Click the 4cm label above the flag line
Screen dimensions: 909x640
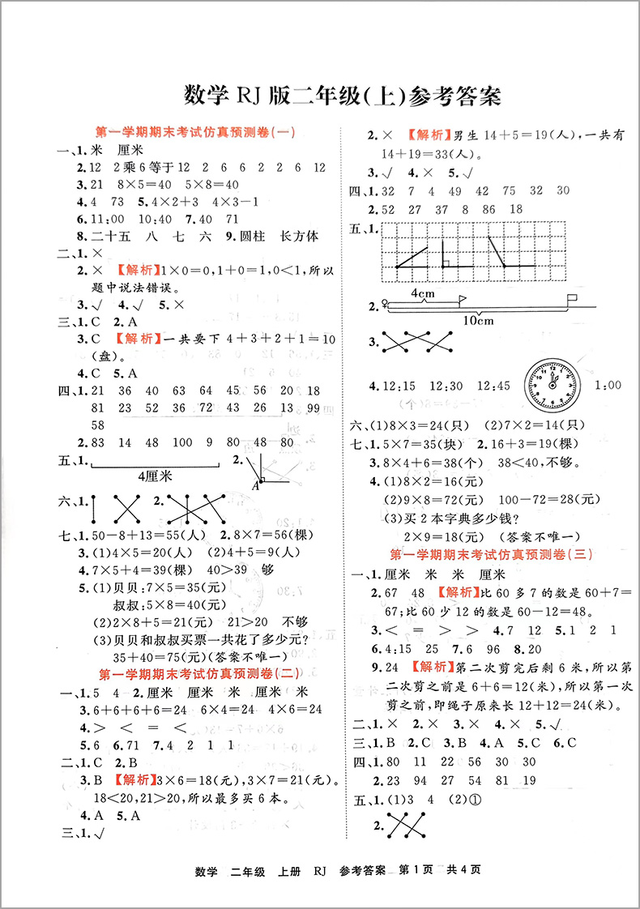421,292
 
